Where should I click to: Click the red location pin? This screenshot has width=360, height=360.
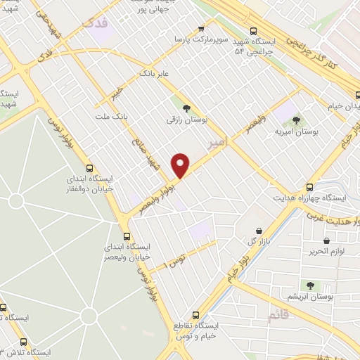(x=181, y=165)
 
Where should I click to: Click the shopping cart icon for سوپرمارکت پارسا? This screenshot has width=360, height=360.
(x=202, y=29)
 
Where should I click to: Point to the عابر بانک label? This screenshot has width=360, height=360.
(x=155, y=72)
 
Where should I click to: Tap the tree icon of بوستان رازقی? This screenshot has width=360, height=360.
(x=186, y=108)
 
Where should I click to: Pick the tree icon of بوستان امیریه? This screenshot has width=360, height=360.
(x=295, y=120)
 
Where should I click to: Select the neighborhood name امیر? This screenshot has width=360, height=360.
(x=218, y=143)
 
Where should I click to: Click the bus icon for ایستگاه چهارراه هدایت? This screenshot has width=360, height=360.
(x=309, y=187)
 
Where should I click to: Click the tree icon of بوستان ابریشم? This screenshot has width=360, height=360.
(x=309, y=285)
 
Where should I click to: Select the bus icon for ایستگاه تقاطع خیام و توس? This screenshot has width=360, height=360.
(x=195, y=315)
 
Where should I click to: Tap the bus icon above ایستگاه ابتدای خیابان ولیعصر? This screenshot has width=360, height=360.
(x=126, y=236)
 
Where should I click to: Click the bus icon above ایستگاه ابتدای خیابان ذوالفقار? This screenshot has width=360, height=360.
(x=89, y=168)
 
